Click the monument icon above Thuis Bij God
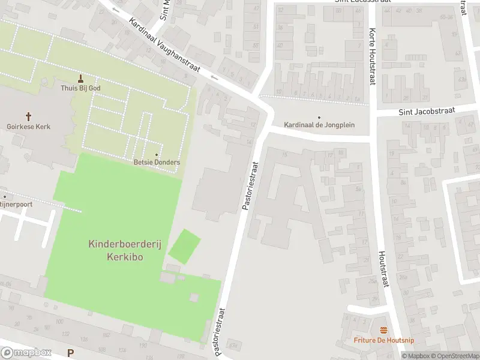point(81,78)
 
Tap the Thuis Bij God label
point(81,88)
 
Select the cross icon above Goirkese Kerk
point(28,116)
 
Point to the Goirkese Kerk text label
point(28,127)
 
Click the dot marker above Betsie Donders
point(157,154)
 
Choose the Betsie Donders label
point(157,163)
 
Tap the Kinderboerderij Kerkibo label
point(117,250)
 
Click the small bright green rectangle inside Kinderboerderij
point(184,246)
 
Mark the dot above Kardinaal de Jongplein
point(319,117)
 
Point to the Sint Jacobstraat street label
point(427,111)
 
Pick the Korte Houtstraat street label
point(372,57)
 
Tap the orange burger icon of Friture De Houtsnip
point(383,330)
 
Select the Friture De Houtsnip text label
point(383,340)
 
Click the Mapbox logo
point(26,353)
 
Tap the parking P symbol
point(71,353)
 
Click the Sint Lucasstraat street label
point(362,2)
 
